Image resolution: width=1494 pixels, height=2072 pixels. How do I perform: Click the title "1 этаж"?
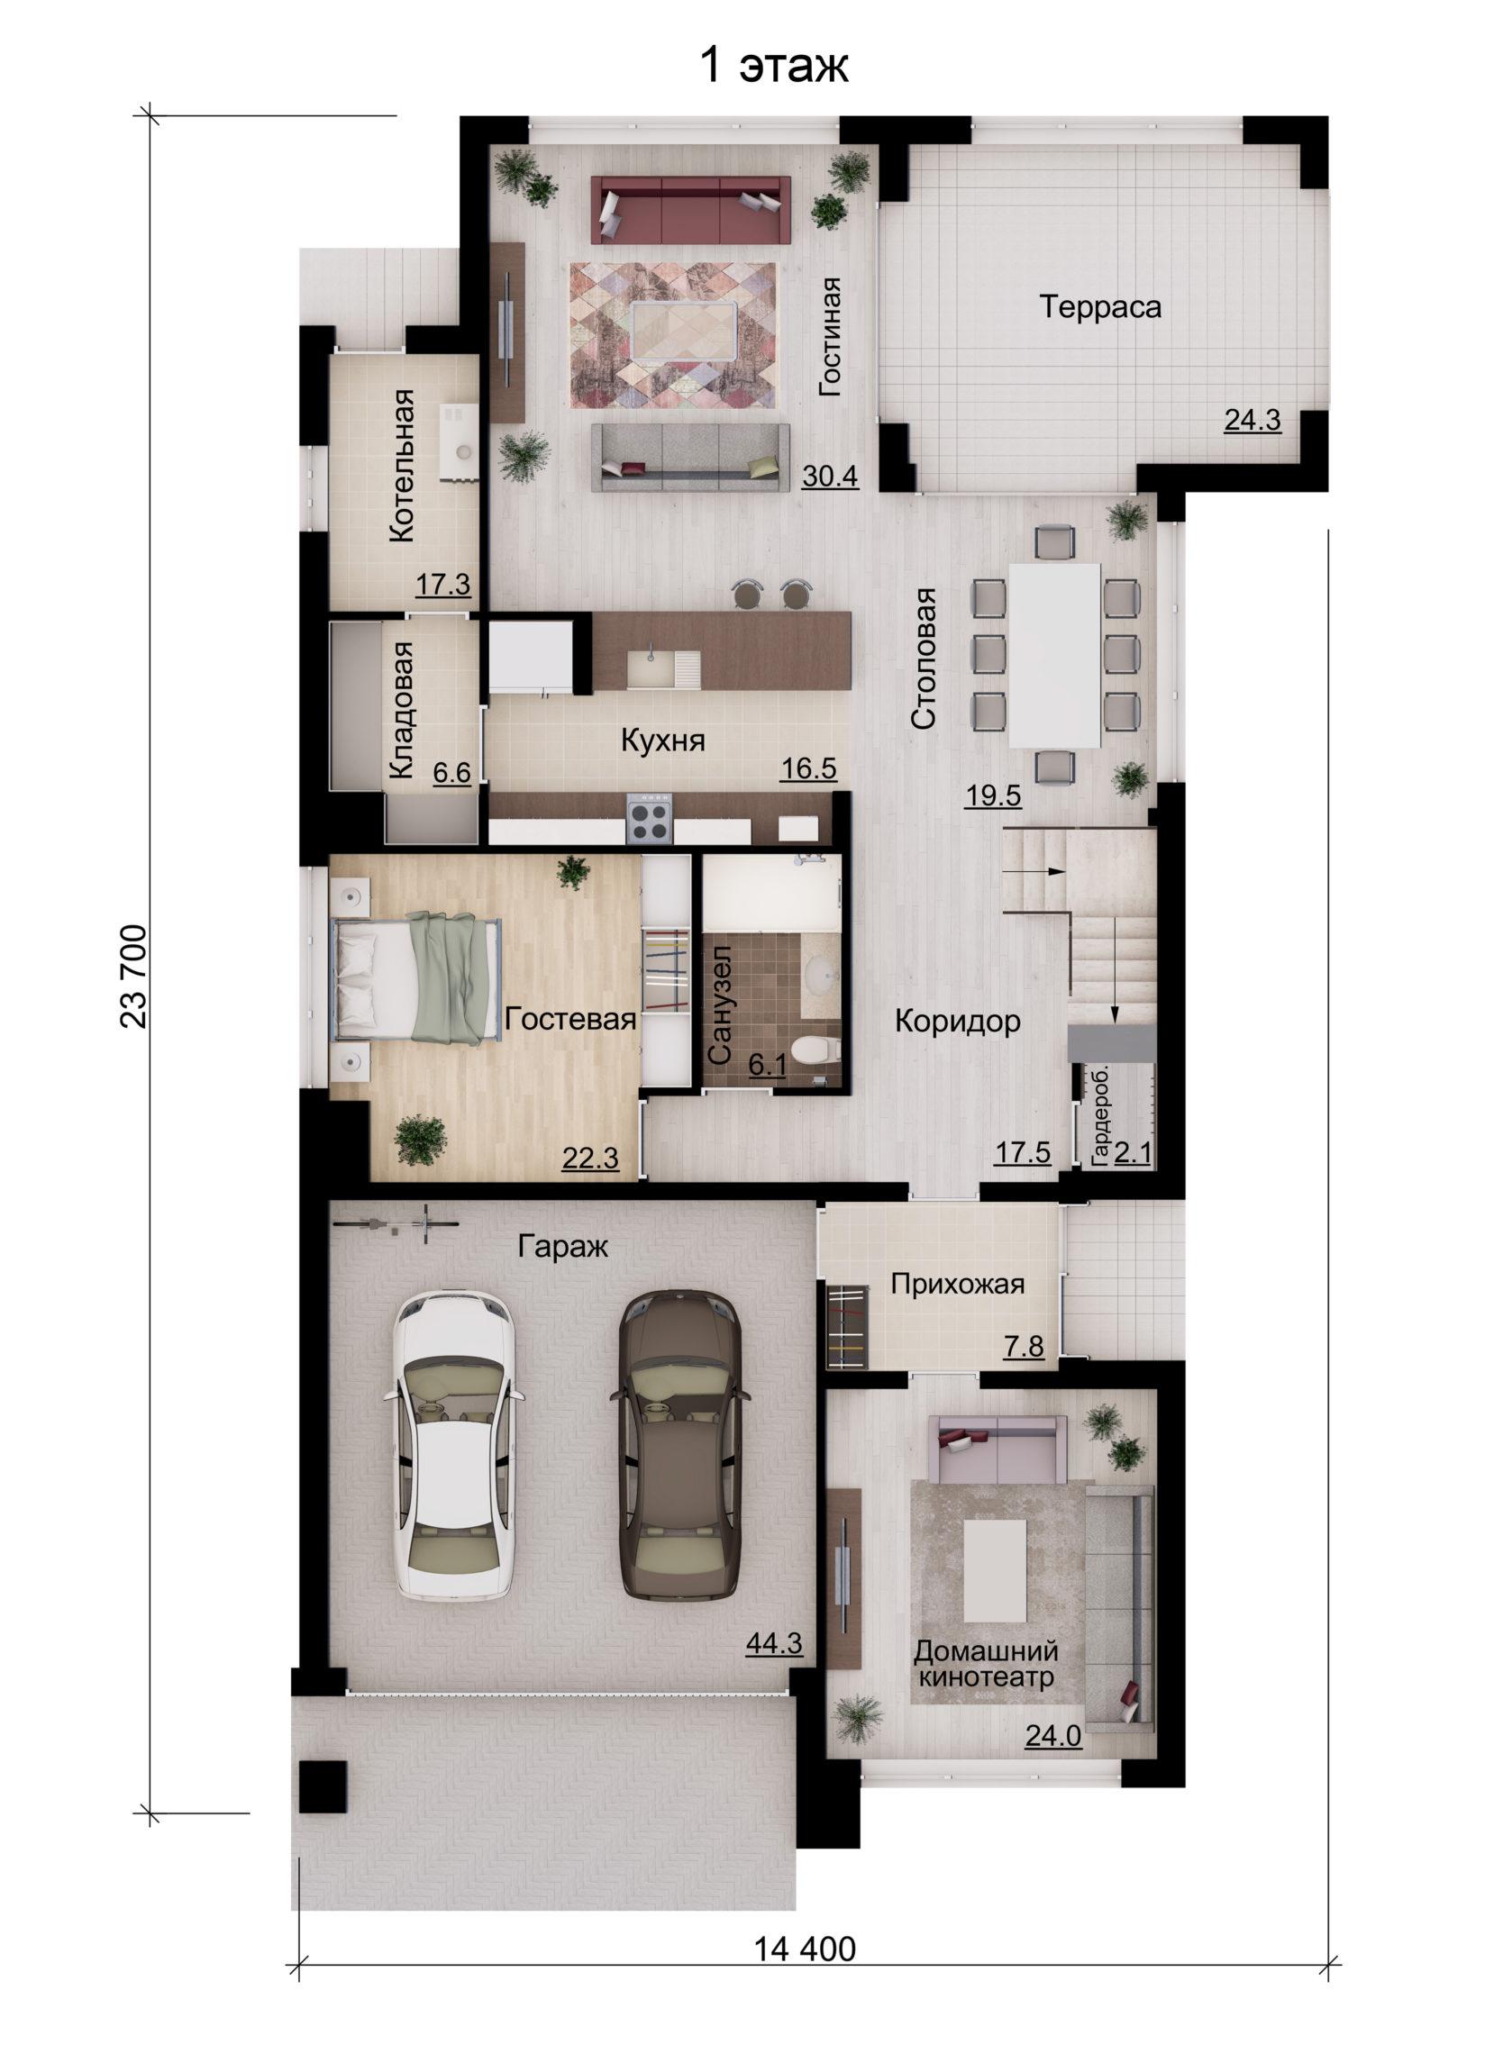click(x=773, y=67)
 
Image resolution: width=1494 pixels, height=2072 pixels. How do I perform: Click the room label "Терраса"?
click(x=1100, y=306)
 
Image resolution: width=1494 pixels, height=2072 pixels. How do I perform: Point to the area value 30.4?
click(x=830, y=476)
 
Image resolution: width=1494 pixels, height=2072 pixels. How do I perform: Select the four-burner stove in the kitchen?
click(x=650, y=820)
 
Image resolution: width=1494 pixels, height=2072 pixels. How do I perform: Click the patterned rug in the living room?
click(x=673, y=335)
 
